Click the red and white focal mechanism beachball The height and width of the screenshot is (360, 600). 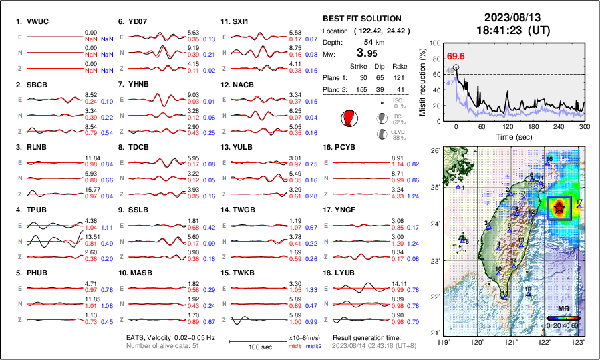coord(348,118)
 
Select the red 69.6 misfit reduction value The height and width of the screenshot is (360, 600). coord(456,56)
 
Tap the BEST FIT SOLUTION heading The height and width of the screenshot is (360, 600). coord(361,19)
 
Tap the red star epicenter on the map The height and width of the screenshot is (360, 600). coord(559,209)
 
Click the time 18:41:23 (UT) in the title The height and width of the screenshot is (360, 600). coord(507,30)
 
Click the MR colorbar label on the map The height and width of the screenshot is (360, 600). coord(562,309)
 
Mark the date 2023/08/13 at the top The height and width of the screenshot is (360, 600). coord(507,17)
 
